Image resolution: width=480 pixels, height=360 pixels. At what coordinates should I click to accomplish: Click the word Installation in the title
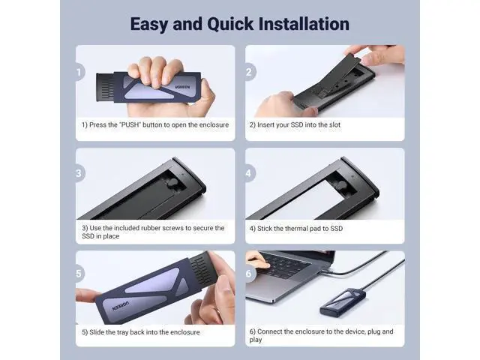pyautogui.click(x=304, y=23)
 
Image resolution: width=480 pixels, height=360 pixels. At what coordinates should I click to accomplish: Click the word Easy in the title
pyautogui.click(x=148, y=25)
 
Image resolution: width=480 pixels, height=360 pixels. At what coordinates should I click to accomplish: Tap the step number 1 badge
pyautogui.click(x=79, y=72)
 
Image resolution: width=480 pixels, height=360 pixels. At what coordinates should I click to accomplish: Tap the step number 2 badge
pyautogui.click(x=250, y=72)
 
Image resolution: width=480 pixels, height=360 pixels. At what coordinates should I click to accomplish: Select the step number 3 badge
pyautogui.click(x=79, y=173)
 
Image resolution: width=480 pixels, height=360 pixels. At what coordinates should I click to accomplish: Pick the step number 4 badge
pyautogui.click(x=250, y=173)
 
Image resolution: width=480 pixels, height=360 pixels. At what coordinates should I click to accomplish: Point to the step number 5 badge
pyautogui.click(x=79, y=273)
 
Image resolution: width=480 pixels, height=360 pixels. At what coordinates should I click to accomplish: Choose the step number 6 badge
pyautogui.click(x=250, y=273)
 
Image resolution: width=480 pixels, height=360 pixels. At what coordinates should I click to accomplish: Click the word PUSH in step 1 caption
pyautogui.click(x=131, y=125)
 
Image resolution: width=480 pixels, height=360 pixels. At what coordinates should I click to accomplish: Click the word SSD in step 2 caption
pyautogui.click(x=297, y=125)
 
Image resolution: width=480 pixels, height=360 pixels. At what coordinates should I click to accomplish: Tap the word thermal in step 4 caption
pyautogui.click(x=296, y=228)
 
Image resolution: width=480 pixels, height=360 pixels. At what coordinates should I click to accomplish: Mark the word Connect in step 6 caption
pyautogui.click(x=270, y=331)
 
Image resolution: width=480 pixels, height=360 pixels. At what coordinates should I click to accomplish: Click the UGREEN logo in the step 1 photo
pyautogui.click(x=182, y=87)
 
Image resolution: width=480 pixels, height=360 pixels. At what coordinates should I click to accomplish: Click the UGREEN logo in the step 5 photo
pyautogui.click(x=121, y=306)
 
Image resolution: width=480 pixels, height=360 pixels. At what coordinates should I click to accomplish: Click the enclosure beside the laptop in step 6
pyautogui.click(x=343, y=302)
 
